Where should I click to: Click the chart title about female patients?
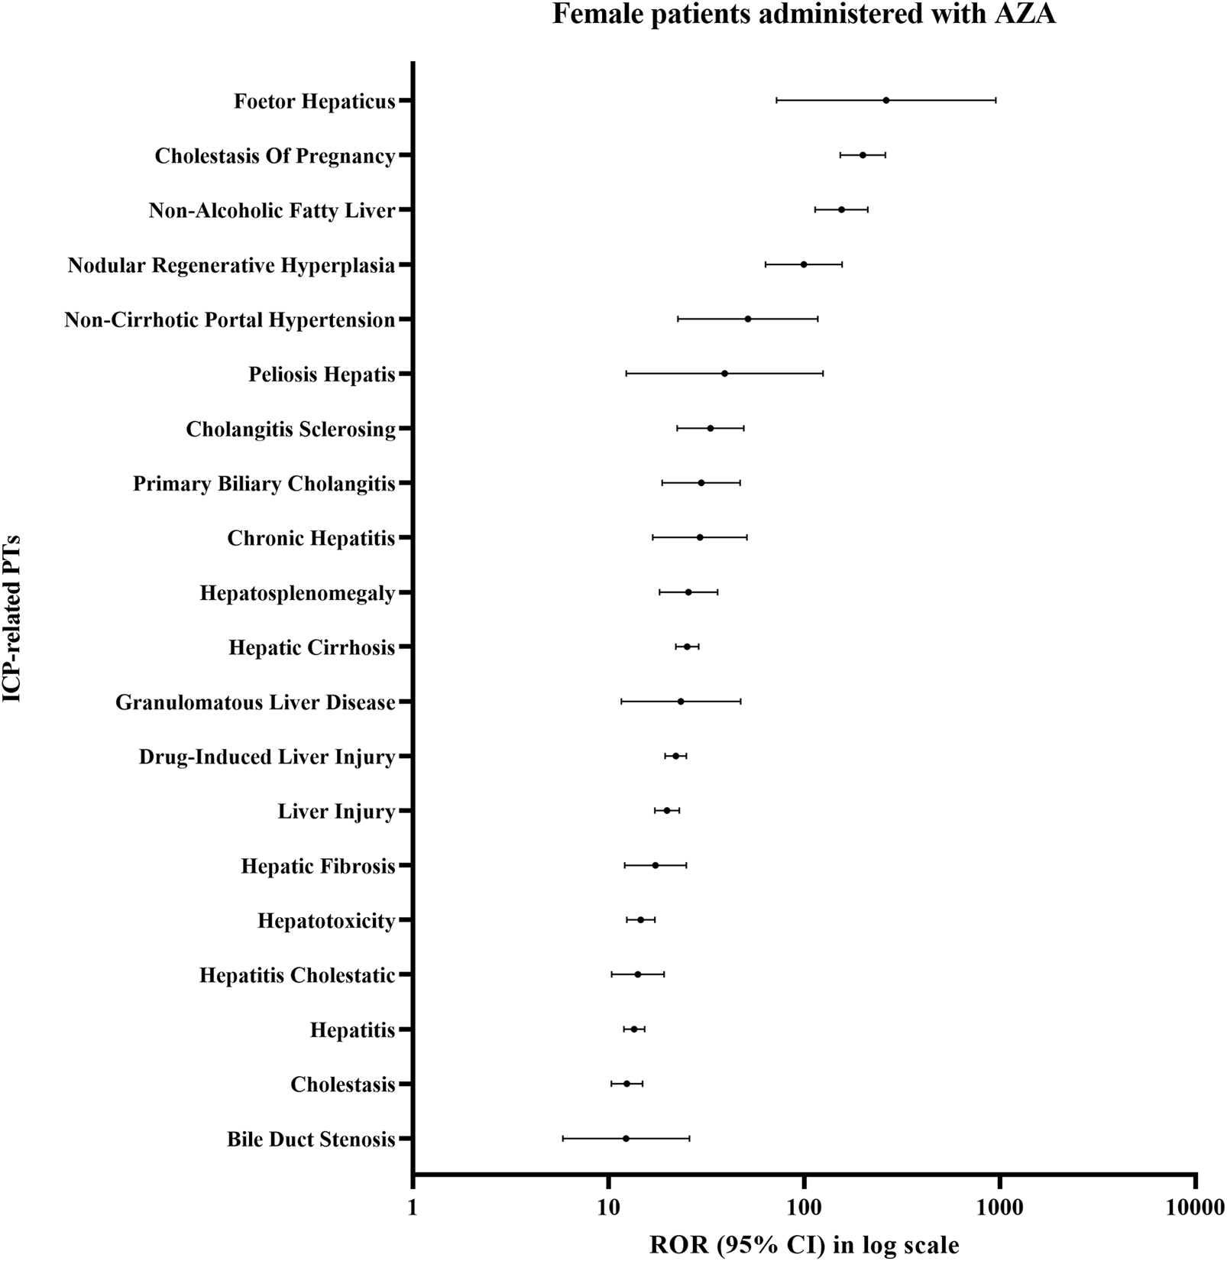[x=804, y=15]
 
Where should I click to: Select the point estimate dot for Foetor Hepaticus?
[x=886, y=100]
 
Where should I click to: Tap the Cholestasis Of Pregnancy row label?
[x=275, y=156]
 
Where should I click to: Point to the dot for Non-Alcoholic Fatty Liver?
[x=842, y=209]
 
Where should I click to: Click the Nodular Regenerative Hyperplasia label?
[x=231, y=265]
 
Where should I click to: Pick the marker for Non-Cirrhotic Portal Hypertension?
[x=747, y=319]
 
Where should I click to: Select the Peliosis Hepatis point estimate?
[x=724, y=374]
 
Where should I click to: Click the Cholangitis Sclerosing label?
[x=290, y=430]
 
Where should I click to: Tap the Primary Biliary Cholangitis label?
[x=264, y=484]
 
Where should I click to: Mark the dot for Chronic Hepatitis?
[x=700, y=537]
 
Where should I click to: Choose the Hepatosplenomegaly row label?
[x=297, y=593]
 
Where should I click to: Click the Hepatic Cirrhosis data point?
[x=687, y=647]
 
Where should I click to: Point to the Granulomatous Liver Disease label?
[x=255, y=702]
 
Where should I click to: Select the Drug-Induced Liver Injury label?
[x=267, y=757]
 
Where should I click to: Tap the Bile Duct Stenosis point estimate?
[x=626, y=1138]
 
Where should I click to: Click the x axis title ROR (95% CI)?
[x=805, y=1245]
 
